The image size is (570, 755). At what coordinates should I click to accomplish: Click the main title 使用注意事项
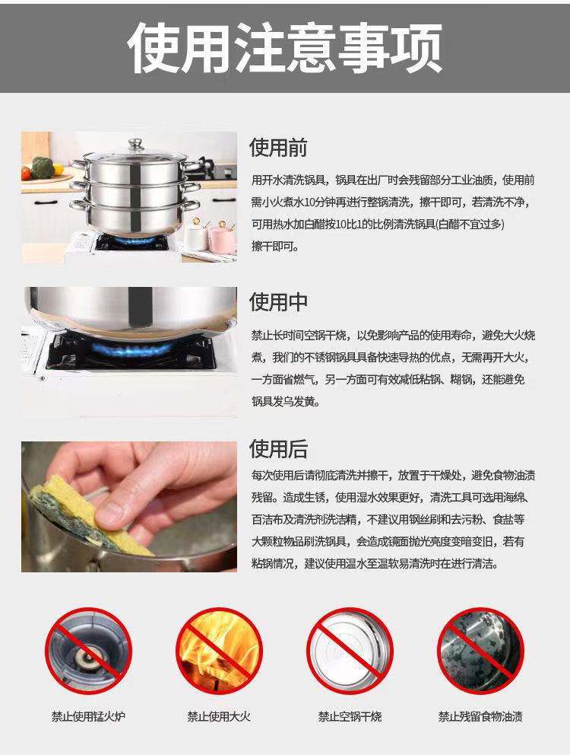coord(284,48)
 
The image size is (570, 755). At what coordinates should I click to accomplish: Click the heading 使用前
coord(278,148)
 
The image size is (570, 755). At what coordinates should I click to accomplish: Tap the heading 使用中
coord(278,302)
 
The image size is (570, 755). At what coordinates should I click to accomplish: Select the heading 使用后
coord(278,449)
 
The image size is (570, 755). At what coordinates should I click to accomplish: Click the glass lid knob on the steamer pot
coord(136,144)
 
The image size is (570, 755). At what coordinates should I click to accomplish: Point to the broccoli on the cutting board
coord(42,167)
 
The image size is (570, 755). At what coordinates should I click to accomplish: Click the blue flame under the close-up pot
coord(130,349)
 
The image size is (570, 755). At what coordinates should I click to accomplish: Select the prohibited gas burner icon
coord(88,651)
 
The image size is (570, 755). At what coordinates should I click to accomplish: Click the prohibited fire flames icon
coord(220,651)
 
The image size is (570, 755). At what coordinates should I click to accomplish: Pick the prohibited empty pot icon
coord(350,651)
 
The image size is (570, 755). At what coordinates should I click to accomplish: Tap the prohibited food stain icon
coord(480,651)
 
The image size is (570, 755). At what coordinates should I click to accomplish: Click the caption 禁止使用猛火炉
coord(88,716)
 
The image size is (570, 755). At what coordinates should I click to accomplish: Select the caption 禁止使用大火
coord(220,716)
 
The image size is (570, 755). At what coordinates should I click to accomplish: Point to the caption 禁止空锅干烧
coord(350,716)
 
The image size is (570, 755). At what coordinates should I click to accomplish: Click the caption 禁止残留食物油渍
coord(480,716)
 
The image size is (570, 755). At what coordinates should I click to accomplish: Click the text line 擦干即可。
coord(275,247)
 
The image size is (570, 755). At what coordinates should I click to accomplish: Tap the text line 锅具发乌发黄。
coord(286,402)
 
